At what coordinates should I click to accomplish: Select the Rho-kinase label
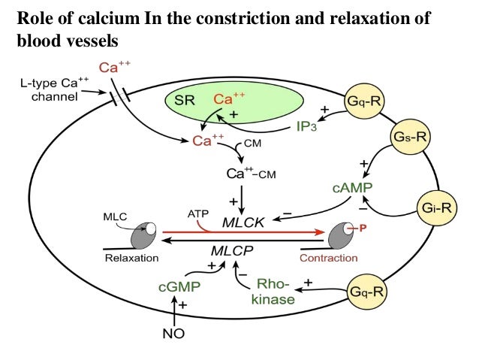273,291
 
